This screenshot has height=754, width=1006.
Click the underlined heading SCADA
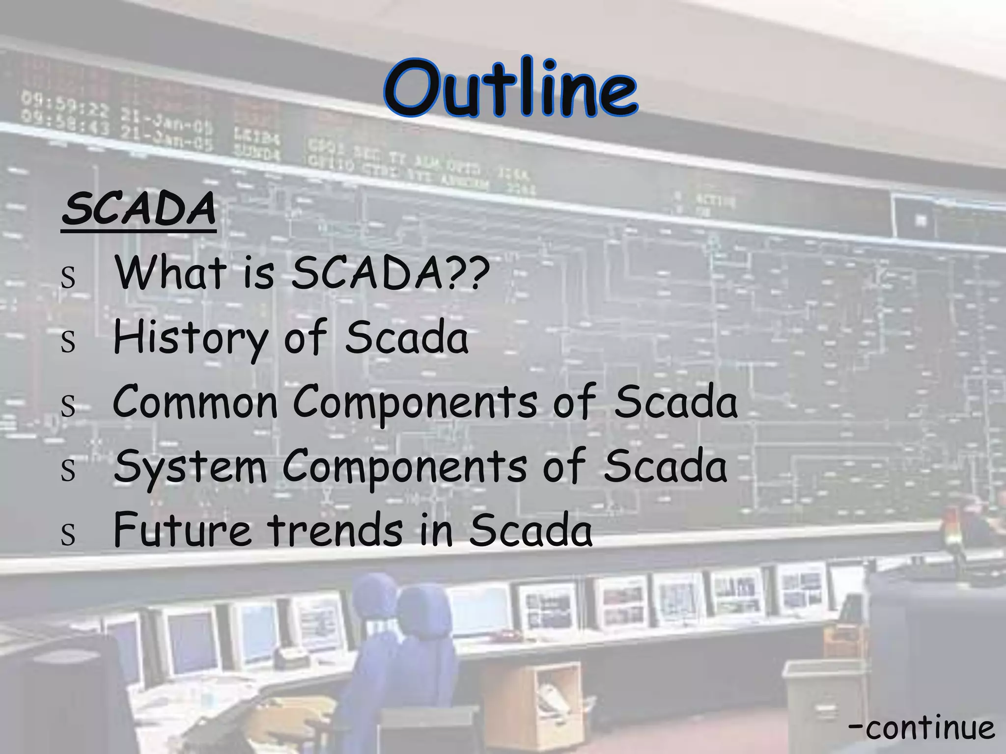coord(139,209)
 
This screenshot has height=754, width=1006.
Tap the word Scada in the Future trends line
coord(531,530)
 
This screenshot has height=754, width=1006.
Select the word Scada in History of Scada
coord(407,338)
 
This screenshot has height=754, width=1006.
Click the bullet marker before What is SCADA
coord(68,276)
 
